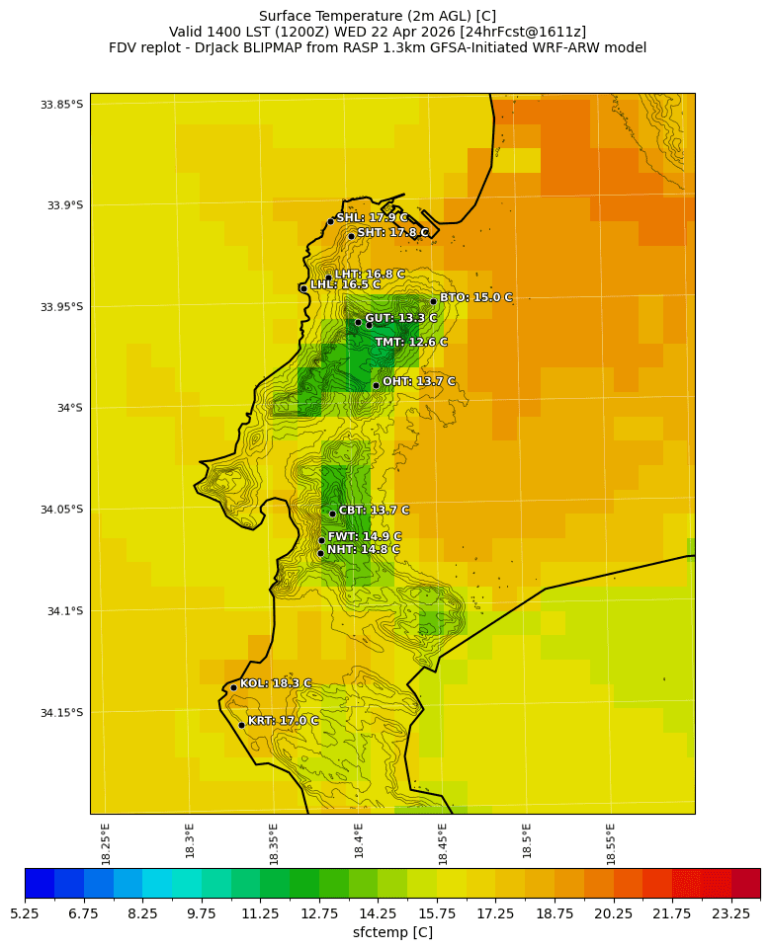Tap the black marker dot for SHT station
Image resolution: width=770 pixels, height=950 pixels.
click(x=351, y=236)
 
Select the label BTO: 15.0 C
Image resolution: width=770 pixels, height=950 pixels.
click(x=475, y=297)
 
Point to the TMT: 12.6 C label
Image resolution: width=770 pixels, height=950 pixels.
click(x=411, y=343)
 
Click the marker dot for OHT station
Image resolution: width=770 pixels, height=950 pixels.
click(x=376, y=385)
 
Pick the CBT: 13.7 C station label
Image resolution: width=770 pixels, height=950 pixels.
click(x=374, y=511)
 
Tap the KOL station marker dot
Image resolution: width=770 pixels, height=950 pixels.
click(x=233, y=687)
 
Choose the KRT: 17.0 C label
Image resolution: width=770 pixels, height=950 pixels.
click(x=283, y=721)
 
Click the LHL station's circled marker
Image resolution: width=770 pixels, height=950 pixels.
click(x=303, y=288)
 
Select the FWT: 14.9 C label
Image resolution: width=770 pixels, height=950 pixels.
click(x=365, y=537)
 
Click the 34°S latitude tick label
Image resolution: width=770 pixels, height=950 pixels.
click(x=69, y=408)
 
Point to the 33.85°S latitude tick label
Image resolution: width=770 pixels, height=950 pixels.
click(x=61, y=105)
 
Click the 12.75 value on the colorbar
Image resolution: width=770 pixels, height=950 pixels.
click(x=319, y=913)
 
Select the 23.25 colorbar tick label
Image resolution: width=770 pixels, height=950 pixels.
click(x=731, y=913)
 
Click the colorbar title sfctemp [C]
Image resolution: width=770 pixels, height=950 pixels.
click(x=392, y=932)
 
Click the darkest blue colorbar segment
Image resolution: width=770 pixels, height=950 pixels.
click(x=40, y=883)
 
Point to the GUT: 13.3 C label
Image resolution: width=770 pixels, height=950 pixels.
click(x=400, y=319)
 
